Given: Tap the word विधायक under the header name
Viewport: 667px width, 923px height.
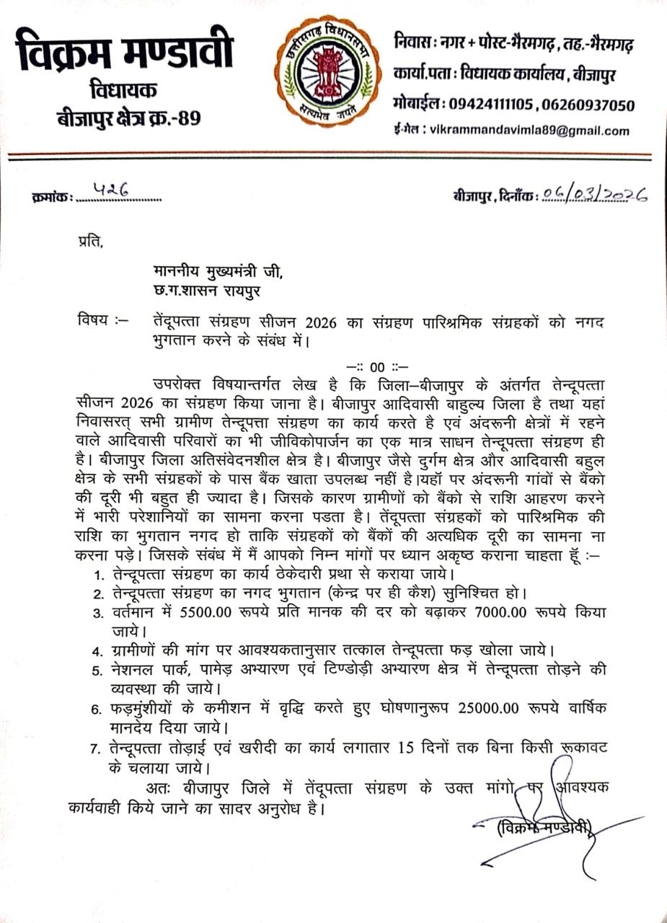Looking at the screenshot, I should coord(124,91).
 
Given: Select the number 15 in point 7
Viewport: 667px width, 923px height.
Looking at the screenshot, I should coord(408,748).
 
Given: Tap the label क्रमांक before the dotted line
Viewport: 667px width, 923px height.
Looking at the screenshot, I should coord(53,196).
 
